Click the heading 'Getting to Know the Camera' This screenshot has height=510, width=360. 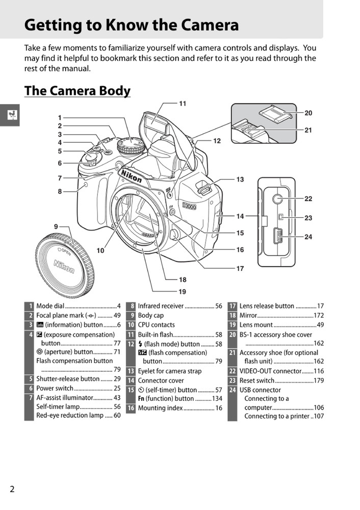(132, 24)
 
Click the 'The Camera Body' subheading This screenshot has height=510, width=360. (78, 90)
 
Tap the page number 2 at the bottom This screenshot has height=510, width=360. (12, 489)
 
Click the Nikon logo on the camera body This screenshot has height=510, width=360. (131, 179)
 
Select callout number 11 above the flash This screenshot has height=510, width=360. (183, 104)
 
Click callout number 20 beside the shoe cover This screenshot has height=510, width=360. (308, 113)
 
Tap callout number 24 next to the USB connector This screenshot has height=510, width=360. (308, 237)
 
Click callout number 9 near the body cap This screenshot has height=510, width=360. (56, 226)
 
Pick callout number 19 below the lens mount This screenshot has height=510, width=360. (182, 292)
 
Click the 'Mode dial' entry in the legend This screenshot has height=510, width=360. (50, 306)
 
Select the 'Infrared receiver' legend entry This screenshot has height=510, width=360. (161, 306)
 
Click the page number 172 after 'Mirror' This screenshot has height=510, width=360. (319, 316)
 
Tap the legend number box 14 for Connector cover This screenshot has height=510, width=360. (131, 380)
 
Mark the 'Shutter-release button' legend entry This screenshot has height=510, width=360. (68, 379)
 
